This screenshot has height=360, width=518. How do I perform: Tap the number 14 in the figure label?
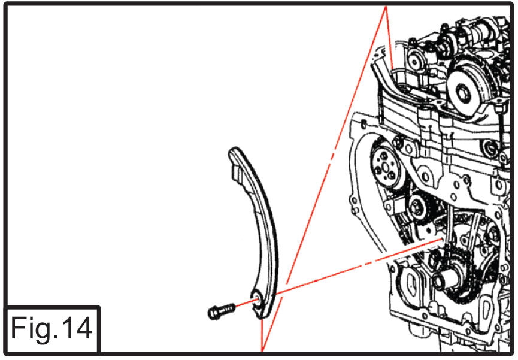point(77,328)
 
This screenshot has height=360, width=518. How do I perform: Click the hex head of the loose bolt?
point(213,313)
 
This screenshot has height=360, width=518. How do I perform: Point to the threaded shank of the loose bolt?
point(228,308)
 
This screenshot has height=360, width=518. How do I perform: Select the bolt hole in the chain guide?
point(257,300)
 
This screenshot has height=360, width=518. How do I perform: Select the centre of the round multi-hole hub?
point(385,168)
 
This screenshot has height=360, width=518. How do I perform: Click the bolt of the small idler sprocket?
point(414,208)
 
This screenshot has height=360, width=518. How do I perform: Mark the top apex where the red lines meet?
point(386,7)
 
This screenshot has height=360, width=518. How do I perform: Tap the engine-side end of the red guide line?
point(442,238)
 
